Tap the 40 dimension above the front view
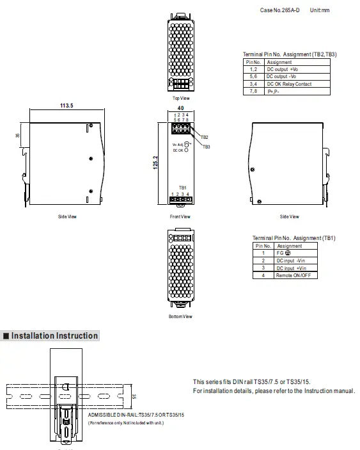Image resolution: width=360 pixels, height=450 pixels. coord(180,108)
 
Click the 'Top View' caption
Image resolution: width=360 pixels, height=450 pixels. coord(180,98)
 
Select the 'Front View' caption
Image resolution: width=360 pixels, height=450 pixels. coord(180,216)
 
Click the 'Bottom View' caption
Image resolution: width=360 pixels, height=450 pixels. coord(180,316)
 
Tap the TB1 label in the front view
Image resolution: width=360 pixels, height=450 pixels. coord(182,188)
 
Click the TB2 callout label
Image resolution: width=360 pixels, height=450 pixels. coord(205,138)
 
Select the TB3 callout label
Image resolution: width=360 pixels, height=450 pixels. coord(206,147)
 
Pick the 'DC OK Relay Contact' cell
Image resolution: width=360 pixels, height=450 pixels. coord(288,83)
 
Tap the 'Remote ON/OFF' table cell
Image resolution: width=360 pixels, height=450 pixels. coord(295,275)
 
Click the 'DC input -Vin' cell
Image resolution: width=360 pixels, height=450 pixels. coord(291,261)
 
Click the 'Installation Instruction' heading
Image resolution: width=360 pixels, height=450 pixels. coord(55,335)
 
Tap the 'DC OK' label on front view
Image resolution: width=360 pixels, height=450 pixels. coord(178,151)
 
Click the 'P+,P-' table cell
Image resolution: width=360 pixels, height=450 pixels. coord(275,91)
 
